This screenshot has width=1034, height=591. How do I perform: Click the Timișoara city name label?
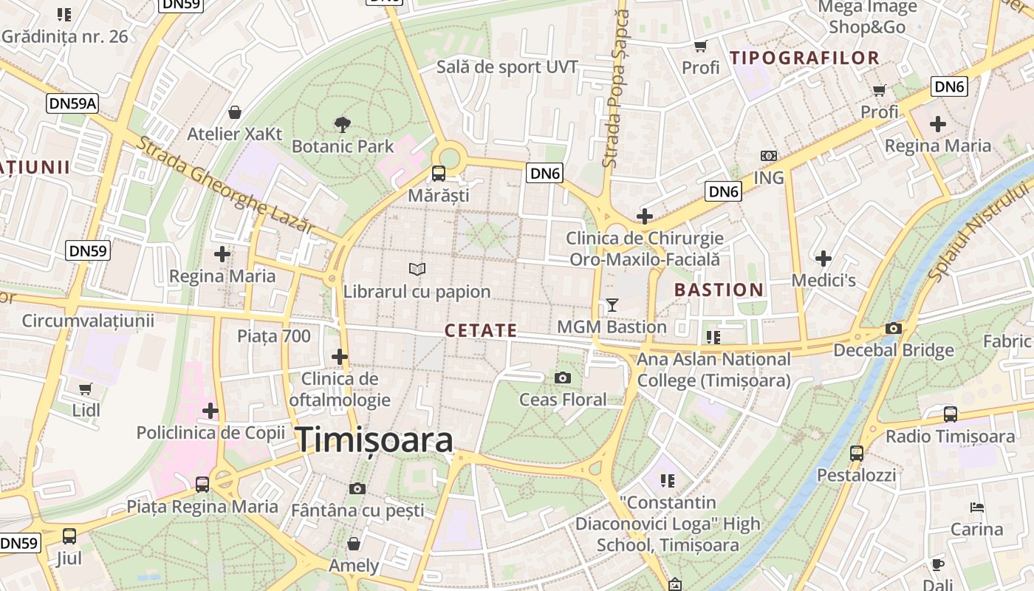374,440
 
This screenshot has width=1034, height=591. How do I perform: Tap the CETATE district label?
481,330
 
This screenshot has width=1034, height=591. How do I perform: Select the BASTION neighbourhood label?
719,290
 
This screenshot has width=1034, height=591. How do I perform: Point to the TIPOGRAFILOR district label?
804,58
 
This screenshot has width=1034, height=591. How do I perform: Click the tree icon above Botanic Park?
342,124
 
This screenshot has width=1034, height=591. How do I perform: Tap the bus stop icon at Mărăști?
438,174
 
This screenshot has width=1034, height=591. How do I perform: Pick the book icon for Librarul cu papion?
417,270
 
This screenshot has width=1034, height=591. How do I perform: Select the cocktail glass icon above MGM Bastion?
612,304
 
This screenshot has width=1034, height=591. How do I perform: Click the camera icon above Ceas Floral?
563,378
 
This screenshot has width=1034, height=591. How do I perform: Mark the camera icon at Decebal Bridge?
894,328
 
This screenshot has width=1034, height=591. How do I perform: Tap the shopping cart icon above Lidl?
86,388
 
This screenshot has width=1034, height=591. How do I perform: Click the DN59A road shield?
72,103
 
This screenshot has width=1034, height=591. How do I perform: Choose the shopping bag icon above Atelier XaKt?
234,112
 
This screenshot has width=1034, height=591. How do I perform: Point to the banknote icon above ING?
768,156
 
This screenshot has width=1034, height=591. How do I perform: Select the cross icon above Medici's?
824,258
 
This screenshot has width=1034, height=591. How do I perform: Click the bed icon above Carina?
976,508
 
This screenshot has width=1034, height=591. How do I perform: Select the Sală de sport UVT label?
507,67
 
